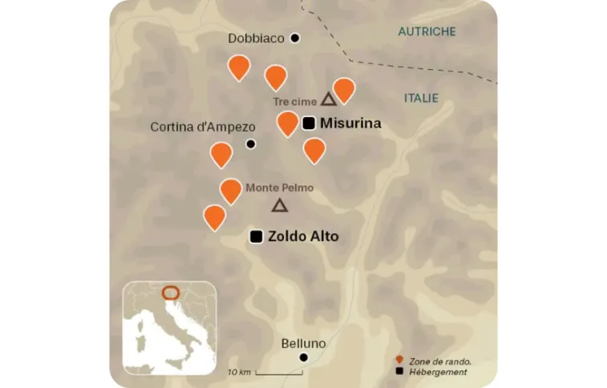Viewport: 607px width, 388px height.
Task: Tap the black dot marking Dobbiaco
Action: click(295, 38)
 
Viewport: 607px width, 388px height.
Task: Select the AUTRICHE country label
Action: click(427, 32)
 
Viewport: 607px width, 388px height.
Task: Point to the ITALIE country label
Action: click(421, 98)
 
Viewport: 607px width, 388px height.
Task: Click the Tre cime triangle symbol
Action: click(327, 99)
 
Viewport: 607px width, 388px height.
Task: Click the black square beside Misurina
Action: click(309, 123)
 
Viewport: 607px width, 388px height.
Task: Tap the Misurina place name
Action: click(350, 123)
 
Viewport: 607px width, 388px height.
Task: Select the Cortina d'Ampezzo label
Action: click(203, 127)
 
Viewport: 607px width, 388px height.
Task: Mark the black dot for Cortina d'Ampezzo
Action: click(250, 144)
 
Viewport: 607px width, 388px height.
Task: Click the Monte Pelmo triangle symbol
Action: click(279, 205)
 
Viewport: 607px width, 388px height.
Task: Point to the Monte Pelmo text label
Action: click(278, 188)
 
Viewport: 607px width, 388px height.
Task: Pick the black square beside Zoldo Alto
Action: click(257, 236)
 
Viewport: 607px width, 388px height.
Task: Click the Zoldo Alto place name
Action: click(303, 236)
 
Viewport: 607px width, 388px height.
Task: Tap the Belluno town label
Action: click(303, 343)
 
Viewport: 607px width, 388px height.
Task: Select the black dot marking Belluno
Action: click(303, 358)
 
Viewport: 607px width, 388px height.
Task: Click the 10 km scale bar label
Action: click(239, 372)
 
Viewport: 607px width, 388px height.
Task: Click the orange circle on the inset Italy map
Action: click(170, 293)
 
